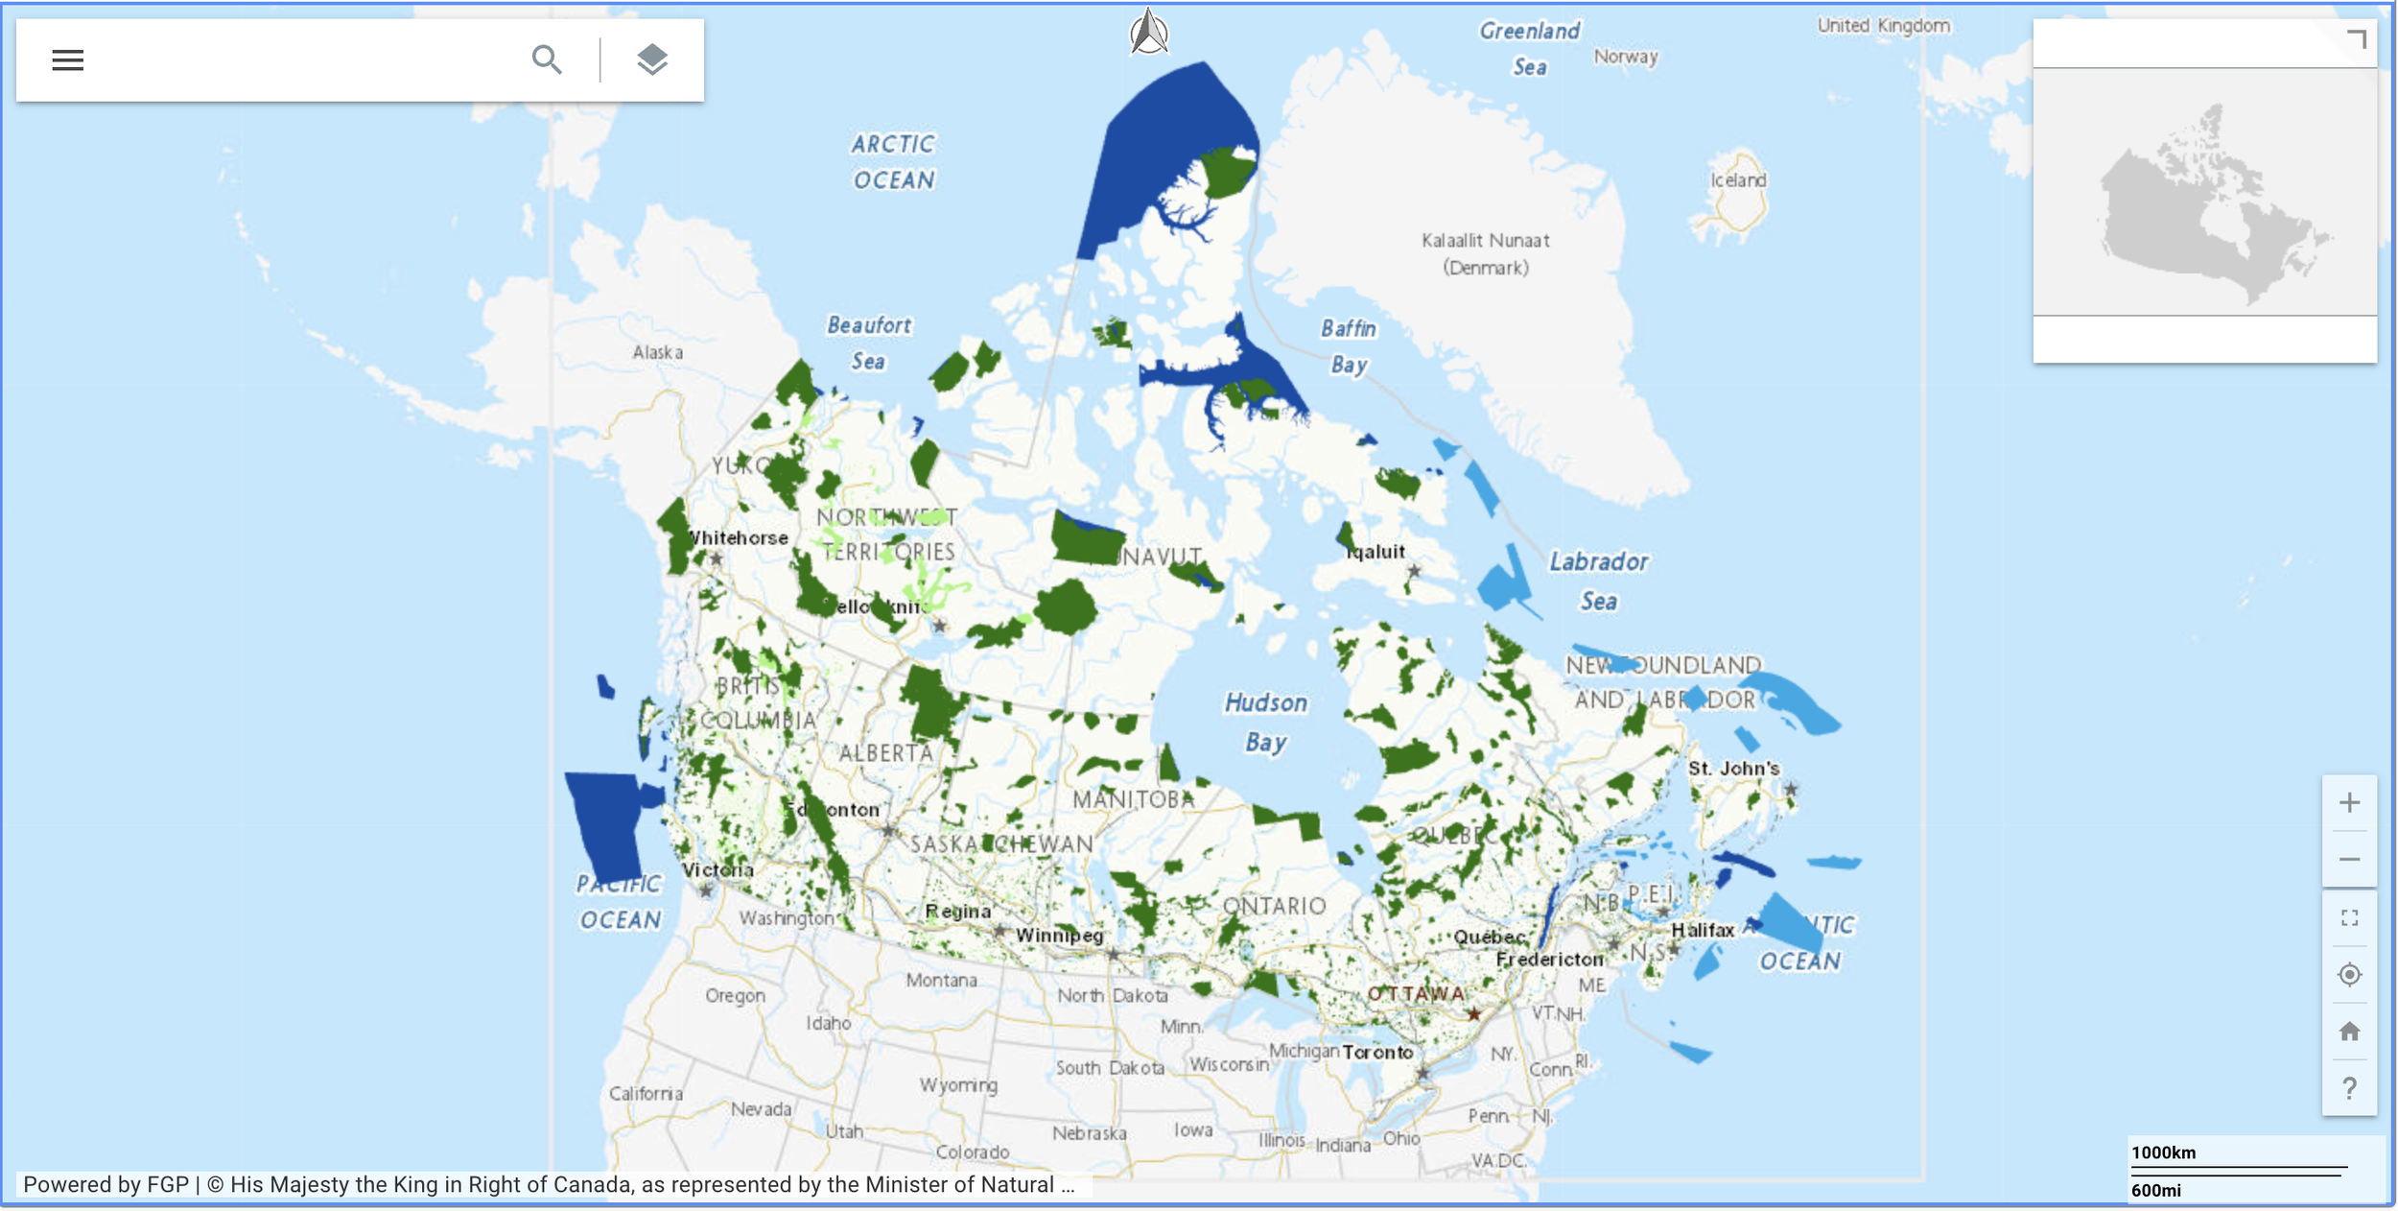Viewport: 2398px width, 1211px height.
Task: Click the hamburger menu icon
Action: pos(67,59)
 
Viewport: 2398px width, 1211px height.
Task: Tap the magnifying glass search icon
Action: pos(547,59)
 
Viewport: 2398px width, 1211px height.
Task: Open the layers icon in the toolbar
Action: pos(652,59)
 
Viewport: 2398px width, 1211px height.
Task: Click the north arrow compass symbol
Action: pos(1148,32)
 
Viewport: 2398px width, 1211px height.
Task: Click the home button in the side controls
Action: pos(2349,1032)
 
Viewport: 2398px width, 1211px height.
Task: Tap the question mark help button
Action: pos(2349,1088)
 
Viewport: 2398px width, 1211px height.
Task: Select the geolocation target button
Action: pos(2349,975)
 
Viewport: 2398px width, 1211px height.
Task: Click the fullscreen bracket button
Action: pos(2349,918)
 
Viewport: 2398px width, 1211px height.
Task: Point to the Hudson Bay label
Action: pos(1266,722)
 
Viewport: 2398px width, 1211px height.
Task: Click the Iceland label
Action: pos(1737,179)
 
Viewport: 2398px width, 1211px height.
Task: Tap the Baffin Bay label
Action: pos(1349,346)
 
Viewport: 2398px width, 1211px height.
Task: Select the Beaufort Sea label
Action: pos(869,343)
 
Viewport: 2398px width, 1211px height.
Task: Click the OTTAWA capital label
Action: pos(1415,994)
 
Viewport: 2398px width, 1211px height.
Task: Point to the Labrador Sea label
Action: pos(1599,581)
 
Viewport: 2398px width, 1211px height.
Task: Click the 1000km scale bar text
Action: pos(2163,1152)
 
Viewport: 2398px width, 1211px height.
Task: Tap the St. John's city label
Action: pos(1733,769)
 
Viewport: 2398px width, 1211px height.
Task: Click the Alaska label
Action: pos(657,352)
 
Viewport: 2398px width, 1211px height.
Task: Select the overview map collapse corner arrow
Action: pos(2357,39)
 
